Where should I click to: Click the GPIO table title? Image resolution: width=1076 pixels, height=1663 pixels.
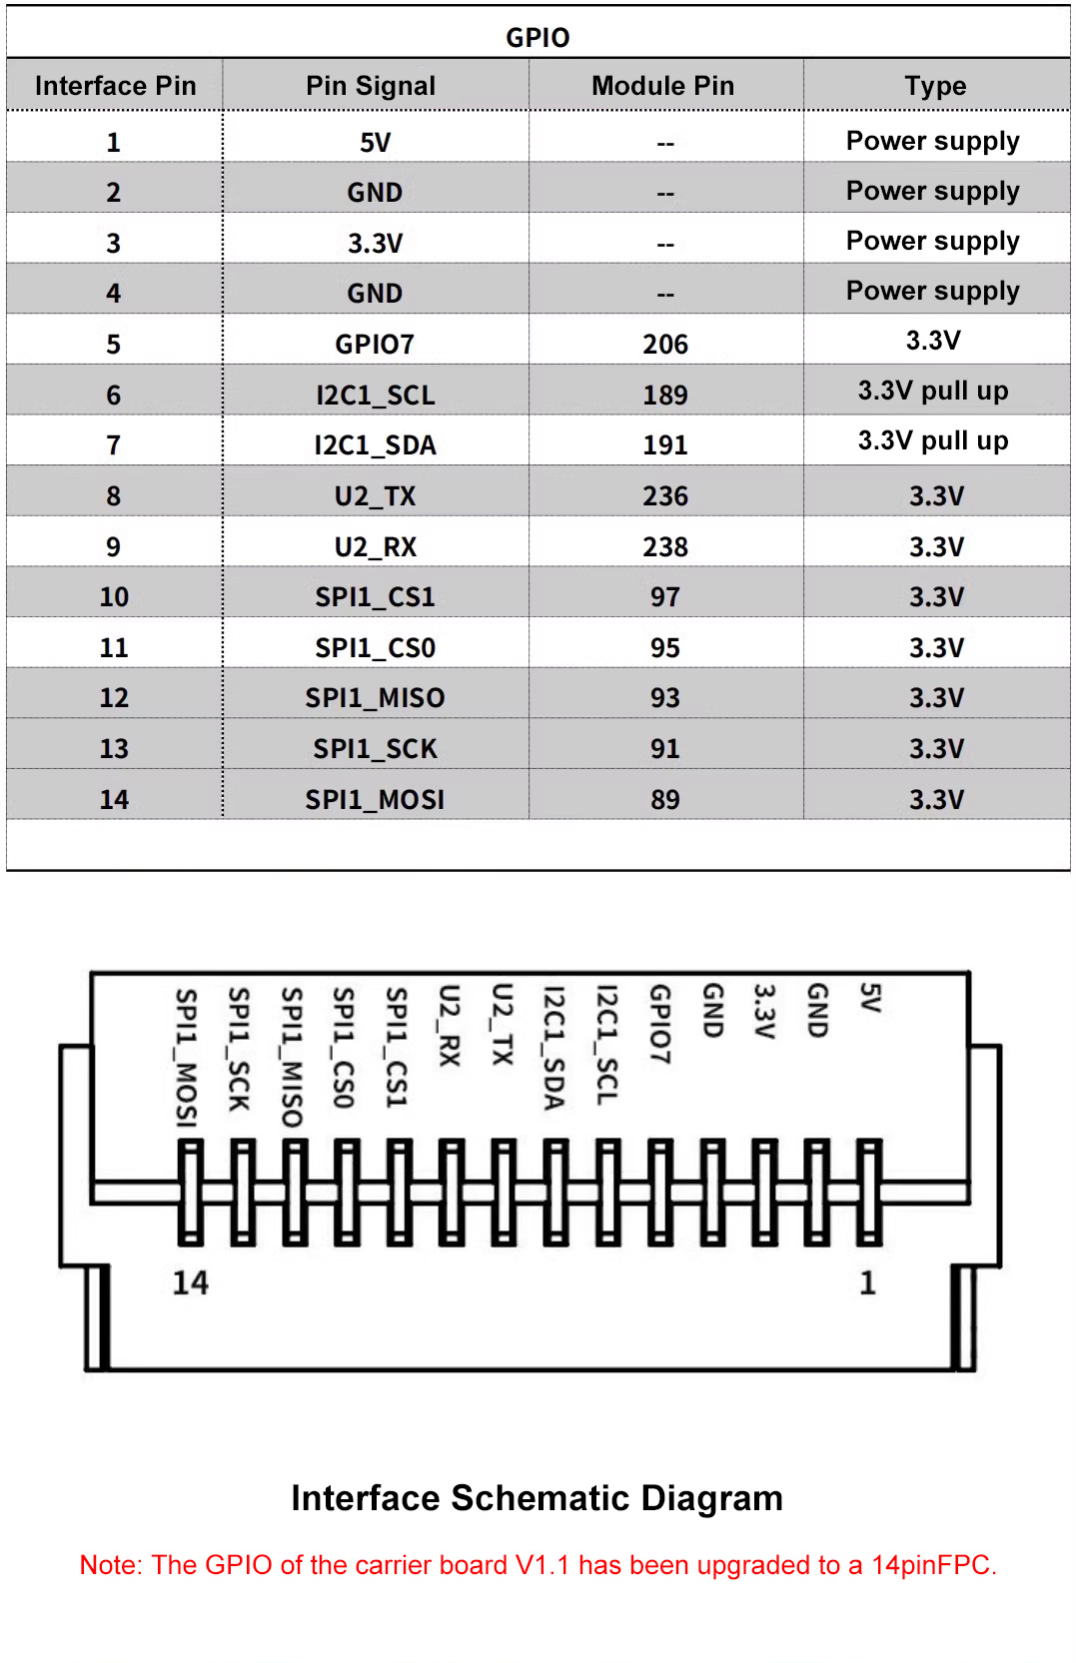538,38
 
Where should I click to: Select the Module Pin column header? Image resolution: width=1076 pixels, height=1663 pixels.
662,86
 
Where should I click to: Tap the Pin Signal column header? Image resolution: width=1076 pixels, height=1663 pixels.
371,86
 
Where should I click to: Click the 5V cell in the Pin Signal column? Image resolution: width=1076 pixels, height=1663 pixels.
375,143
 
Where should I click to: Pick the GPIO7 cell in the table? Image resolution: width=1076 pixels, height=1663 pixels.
375,345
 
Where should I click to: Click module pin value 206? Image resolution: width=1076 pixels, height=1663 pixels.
665,345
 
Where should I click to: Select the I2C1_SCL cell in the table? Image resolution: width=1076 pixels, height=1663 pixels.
375,396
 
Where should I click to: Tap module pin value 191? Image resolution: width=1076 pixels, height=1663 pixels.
665,445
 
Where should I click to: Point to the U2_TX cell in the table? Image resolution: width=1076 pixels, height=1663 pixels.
375,496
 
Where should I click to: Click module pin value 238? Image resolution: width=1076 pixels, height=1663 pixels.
665,547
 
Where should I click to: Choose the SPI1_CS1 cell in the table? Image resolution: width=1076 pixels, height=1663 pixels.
375,597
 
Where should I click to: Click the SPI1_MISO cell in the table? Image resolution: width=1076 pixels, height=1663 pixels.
375,698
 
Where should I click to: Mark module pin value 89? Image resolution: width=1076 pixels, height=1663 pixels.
665,800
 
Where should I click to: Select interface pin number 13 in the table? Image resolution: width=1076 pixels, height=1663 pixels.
114,749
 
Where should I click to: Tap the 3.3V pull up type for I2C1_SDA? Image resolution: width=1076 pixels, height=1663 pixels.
933,440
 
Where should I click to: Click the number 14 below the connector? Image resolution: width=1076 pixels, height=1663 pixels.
191,1283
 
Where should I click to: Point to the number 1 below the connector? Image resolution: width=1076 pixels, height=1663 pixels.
867,1283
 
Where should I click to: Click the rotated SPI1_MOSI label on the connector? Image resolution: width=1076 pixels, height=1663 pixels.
187,1058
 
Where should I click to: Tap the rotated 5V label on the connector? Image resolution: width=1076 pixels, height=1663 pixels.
870,998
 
